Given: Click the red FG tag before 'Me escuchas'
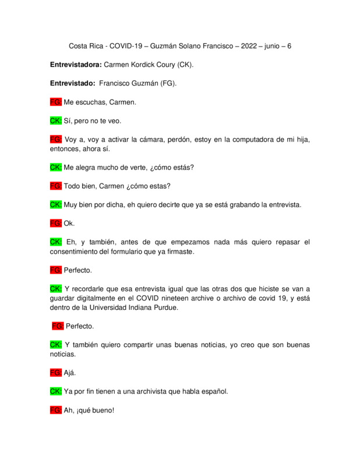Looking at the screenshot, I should [x=56, y=102].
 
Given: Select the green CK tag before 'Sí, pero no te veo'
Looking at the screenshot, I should [x=56, y=121].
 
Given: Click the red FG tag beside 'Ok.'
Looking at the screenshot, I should [x=56, y=223].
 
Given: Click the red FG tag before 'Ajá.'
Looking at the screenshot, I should [x=56, y=372].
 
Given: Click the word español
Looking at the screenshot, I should [x=213, y=391].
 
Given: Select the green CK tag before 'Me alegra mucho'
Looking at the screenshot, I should [x=56, y=167].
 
